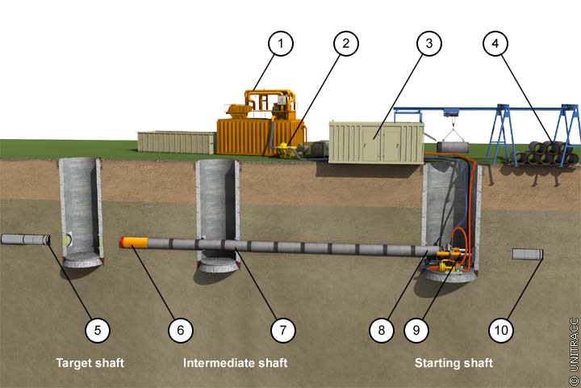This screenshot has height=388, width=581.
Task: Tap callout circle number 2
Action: [x=345, y=44]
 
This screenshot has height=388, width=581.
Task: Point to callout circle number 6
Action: [x=180, y=329]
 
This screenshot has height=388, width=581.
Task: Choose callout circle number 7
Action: [x=282, y=329]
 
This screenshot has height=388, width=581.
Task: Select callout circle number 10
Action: [x=501, y=329]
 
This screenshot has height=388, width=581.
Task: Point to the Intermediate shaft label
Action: [x=235, y=363]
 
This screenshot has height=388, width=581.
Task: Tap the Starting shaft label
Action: [x=454, y=363]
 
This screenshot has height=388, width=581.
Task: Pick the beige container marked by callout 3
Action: [x=376, y=141]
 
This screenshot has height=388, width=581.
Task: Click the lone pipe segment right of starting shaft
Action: [x=526, y=255]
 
